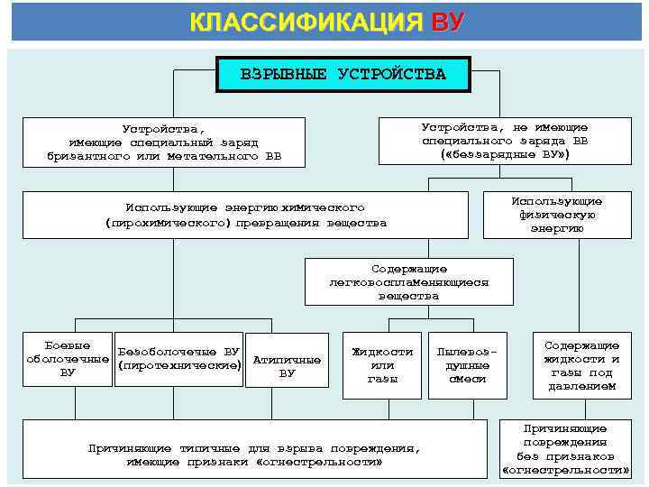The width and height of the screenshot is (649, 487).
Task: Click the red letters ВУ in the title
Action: [448, 22]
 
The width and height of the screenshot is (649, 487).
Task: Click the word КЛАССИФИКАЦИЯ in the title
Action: [306, 22]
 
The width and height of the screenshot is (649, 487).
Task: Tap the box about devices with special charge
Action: [164, 142]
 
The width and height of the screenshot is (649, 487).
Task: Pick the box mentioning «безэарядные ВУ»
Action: [505, 142]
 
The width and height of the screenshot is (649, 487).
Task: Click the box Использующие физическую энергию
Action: [556, 215]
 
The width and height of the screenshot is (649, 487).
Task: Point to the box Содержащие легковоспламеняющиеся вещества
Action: [408, 282]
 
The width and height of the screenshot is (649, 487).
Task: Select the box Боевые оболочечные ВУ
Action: [67, 359]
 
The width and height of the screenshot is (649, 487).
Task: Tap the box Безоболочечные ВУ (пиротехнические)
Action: [179, 358]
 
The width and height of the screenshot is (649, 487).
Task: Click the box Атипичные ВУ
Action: [287, 365]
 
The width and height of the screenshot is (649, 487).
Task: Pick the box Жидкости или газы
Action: [382, 365]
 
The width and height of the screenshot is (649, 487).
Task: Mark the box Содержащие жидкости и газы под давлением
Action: [581, 365]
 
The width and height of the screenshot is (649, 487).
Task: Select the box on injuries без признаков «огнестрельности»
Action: [564, 449]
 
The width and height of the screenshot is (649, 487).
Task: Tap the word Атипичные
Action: [287, 359]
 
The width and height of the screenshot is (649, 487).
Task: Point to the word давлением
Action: [581, 386]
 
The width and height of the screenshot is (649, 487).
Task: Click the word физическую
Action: [556, 215]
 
